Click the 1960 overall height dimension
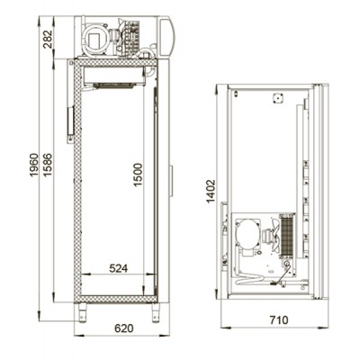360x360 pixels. tap(34, 165)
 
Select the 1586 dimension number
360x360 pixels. tap(48, 165)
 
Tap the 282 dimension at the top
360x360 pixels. tap(48, 39)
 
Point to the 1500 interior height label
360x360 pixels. tap(138, 175)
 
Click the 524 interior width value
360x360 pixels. tap(118, 268)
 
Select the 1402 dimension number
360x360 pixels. tap(211, 191)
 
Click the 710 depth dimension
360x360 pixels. tap(278, 319)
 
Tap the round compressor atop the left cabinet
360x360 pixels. tap(95, 39)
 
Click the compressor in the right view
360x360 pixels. tap(247, 234)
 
